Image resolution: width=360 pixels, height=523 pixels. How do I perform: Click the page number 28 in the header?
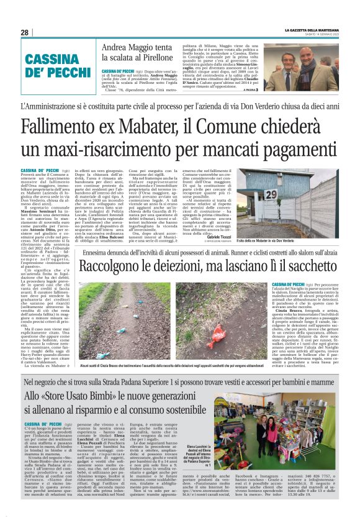coord(25,32)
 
